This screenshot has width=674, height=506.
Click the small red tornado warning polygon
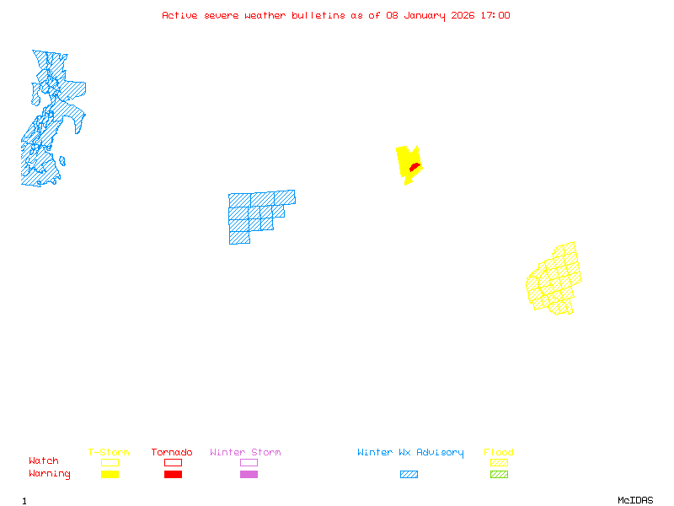pyautogui.click(x=414, y=168)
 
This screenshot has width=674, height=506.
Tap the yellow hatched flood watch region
pyautogui.click(x=555, y=280)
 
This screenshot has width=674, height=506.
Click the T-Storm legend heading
pyautogui.click(x=109, y=453)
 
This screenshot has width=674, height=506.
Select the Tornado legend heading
pyautogui.click(x=172, y=453)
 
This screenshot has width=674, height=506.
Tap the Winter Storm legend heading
pyautogui.click(x=245, y=453)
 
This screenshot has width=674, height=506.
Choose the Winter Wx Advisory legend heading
pyautogui.click(x=410, y=453)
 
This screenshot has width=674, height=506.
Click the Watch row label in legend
pyautogui.click(x=44, y=461)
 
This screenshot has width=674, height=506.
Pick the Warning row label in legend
pyautogui.click(x=49, y=474)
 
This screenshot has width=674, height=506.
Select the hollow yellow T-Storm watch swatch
pyautogui.click(x=110, y=462)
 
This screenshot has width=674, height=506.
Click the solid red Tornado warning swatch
pyautogui.click(x=173, y=475)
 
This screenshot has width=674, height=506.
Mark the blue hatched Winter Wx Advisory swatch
pyautogui.click(x=409, y=475)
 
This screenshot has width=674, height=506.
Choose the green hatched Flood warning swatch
pyautogui.click(x=499, y=475)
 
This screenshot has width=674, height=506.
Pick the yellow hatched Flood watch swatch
pyautogui.click(x=499, y=462)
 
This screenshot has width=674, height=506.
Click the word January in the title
pyautogui.click(x=420, y=15)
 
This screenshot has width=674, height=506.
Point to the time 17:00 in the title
pyautogui.click(x=495, y=15)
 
